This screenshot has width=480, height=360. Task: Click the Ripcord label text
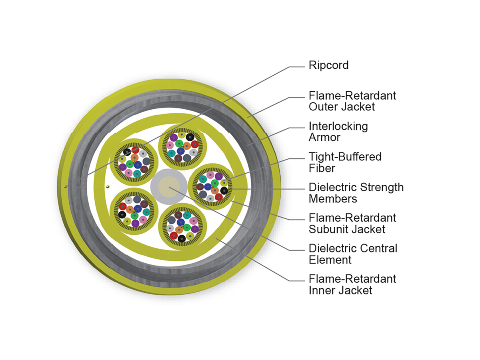point(328,65)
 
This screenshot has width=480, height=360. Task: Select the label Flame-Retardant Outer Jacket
point(352,101)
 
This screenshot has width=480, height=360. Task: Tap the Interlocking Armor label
point(338,132)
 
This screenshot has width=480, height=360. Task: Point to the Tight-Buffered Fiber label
point(345,162)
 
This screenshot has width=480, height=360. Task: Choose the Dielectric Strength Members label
point(356,193)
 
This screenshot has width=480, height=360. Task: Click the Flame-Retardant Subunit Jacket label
point(352,224)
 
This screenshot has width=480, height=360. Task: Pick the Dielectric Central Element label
point(353,254)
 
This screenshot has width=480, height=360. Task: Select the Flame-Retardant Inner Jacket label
point(352,285)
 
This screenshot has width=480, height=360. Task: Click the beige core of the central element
point(169,187)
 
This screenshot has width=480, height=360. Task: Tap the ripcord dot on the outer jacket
point(66,187)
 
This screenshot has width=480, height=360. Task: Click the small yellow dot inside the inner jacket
point(108,187)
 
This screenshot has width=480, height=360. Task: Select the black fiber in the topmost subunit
point(190,137)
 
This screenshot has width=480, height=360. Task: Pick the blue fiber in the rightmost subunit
point(208,187)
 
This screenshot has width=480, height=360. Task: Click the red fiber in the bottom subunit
point(174,236)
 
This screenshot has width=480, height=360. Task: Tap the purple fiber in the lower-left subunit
point(135,223)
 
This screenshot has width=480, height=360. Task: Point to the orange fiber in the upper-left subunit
point(134,157)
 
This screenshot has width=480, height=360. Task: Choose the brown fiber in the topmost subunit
point(178,158)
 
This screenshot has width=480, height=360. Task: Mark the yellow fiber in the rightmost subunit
point(224,182)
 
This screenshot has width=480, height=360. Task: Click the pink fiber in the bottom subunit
point(193,221)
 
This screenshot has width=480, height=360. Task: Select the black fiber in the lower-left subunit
point(122,214)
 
